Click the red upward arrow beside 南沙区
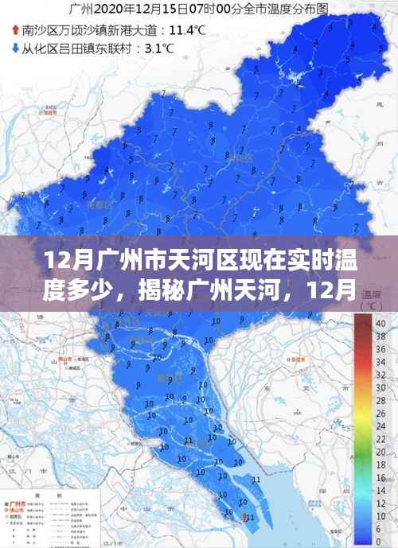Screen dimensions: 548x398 tap(15, 31)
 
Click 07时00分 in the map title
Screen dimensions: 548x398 tap(215, 10)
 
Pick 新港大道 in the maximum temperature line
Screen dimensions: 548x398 tap(138, 31)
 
